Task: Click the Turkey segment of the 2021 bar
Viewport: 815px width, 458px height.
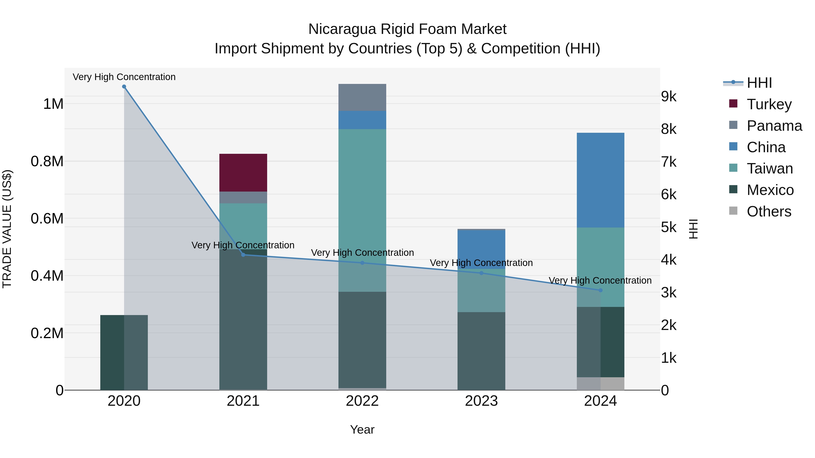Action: pyautogui.click(x=243, y=173)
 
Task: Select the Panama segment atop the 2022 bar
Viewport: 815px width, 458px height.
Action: pyautogui.click(x=362, y=97)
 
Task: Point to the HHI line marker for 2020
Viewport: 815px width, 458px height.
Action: pyautogui.click(x=124, y=87)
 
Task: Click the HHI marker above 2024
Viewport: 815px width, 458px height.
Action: pyautogui.click(x=600, y=290)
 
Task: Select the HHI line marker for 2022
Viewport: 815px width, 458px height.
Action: pyautogui.click(x=362, y=263)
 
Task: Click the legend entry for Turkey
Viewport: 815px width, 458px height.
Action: pyautogui.click(x=769, y=104)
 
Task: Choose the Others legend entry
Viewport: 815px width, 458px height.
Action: pyautogui.click(x=769, y=211)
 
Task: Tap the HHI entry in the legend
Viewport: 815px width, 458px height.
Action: pyautogui.click(x=759, y=83)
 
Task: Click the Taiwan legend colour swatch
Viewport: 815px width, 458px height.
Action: pyautogui.click(x=733, y=168)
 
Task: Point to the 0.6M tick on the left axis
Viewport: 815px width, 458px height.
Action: pyautogui.click(x=47, y=219)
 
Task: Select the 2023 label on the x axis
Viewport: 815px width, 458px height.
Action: pyautogui.click(x=481, y=401)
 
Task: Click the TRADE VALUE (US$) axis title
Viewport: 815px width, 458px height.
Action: pyautogui.click(x=7, y=229)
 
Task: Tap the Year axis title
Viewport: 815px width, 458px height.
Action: pyautogui.click(x=362, y=430)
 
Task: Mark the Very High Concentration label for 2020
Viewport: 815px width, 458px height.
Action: pyautogui.click(x=124, y=77)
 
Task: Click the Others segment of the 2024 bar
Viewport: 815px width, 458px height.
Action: pyautogui.click(x=600, y=383)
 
